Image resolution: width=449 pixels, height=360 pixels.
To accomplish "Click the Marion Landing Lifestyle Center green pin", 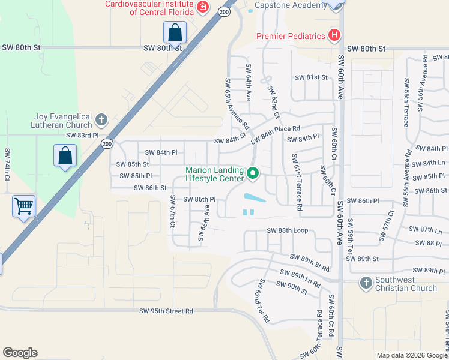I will [x=253, y=175].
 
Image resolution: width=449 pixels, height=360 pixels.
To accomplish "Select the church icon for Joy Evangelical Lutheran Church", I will [x=101, y=120].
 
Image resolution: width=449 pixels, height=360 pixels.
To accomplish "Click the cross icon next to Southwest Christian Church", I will [x=366, y=283].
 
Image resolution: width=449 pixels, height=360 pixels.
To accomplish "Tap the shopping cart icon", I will [x=24, y=206].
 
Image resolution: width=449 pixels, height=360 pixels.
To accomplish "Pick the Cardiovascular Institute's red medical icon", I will [x=203, y=7].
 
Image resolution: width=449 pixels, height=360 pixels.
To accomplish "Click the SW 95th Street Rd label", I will [x=166, y=311].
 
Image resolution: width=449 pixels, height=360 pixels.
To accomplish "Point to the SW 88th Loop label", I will [x=287, y=230].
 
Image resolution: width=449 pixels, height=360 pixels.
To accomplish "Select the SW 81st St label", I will [x=311, y=78].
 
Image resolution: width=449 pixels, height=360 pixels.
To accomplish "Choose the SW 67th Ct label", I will [x=172, y=211].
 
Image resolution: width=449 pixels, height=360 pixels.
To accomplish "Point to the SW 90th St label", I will [x=292, y=287].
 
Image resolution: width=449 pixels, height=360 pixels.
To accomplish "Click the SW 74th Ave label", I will [x=8, y=165].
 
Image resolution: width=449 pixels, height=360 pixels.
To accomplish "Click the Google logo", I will [x=20, y=353].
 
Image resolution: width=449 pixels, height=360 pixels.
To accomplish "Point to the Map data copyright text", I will [x=411, y=355].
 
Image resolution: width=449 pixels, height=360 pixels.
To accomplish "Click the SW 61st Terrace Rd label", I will [x=297, y=182].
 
